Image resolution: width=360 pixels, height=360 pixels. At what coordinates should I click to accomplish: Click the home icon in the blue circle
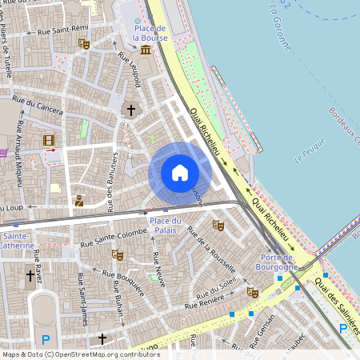click(x=179, y=173)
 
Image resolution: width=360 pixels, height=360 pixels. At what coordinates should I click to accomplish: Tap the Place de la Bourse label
click(x=149, y=33)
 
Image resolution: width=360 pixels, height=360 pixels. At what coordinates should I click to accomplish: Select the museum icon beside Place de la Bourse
click(x=145, y=50)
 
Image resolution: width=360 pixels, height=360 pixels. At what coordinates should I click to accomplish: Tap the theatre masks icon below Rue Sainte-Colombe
click(x=118, y=255)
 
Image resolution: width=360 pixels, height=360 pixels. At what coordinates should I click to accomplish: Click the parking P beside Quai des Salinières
click(x=343, y=328)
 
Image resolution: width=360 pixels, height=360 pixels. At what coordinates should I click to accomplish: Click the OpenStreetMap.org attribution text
click(x=108, y=354)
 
